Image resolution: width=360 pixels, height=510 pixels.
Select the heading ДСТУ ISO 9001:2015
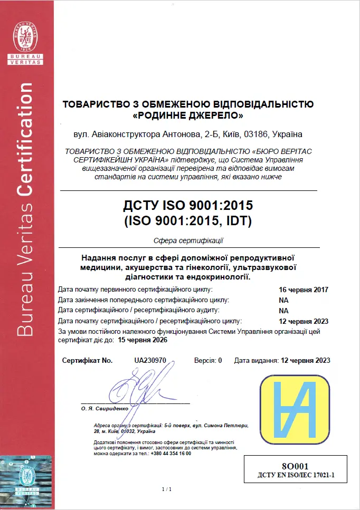point(187,205)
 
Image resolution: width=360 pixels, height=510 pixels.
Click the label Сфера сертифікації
point(188,241)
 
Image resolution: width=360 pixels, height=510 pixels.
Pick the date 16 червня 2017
point(304,290)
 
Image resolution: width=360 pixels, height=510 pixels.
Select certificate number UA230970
point(150,360)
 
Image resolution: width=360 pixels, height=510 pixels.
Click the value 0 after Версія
point(220,360)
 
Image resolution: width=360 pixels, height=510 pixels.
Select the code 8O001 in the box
point(295,466)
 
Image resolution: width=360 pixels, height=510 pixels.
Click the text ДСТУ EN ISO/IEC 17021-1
point(296,475)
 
